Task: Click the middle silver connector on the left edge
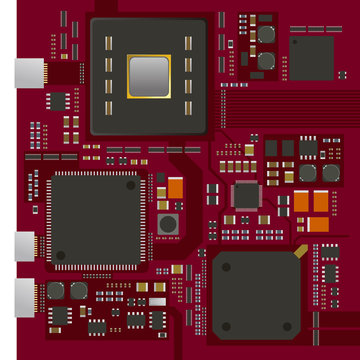(28, 246)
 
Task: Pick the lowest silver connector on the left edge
(28, 293)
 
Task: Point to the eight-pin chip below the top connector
(59, 100)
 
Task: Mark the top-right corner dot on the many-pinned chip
(130, 185)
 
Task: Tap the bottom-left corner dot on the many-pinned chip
(59, 257)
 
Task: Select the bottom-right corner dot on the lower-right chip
(287, 325)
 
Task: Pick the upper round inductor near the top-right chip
(265, 36)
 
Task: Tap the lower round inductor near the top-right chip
(265, 60)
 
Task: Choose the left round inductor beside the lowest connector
(57, 290)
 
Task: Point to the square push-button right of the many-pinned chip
(168, 223)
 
